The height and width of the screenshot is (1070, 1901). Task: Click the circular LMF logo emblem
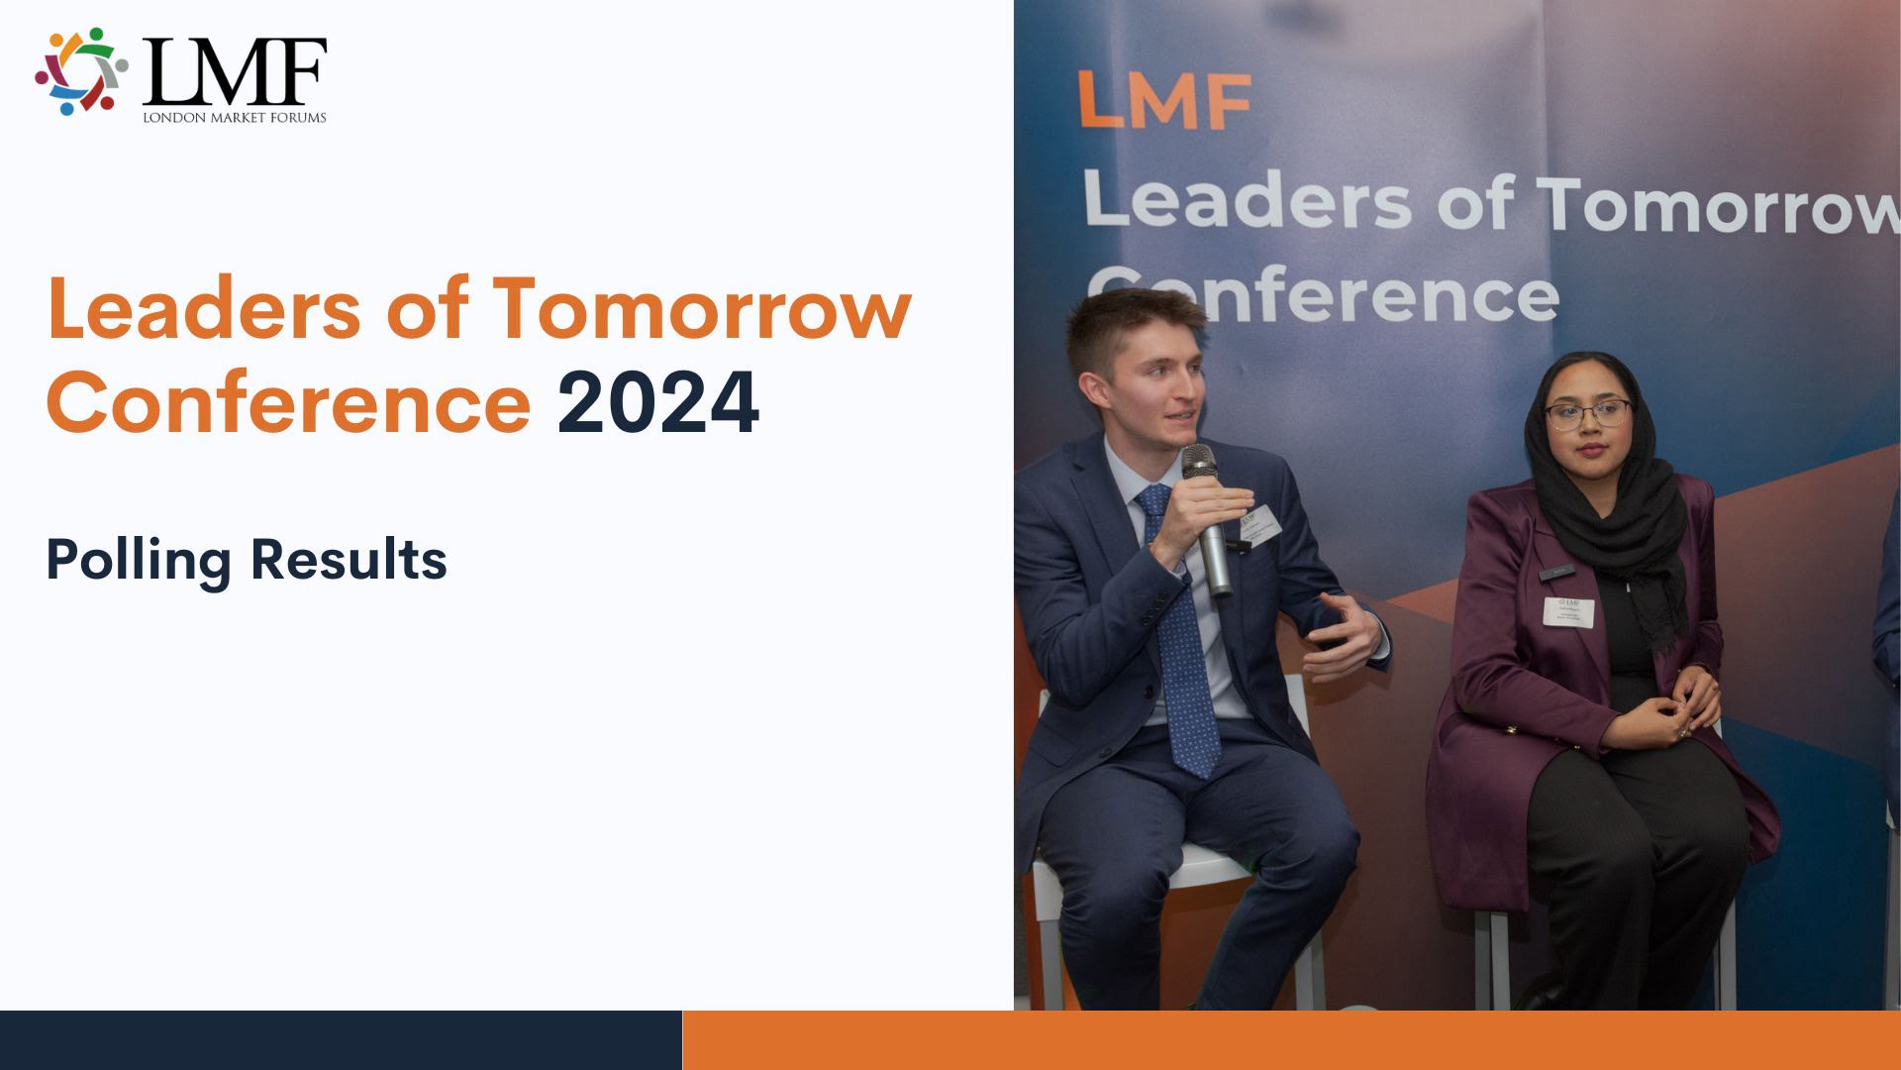click(81, 70)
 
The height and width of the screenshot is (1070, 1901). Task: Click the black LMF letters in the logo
click(234, 71)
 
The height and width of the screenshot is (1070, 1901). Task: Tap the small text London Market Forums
click(234, 118)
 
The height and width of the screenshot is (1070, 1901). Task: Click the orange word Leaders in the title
click(203, 308)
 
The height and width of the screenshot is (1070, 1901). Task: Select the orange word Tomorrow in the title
click(701, 308)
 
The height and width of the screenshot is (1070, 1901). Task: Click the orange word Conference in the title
click(288, 402)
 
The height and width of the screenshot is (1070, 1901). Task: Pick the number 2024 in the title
click(657, 402)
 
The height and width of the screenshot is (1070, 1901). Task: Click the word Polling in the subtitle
click(138, 560)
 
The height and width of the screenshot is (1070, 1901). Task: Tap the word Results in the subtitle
click(349, 560)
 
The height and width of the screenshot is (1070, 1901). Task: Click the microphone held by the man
click(1209, 515)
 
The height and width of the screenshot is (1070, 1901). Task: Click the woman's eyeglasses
click(1587, 413)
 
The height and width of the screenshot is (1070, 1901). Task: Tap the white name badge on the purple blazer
click(1568, 611)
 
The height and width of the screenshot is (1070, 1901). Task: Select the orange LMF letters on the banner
click(1163, 100)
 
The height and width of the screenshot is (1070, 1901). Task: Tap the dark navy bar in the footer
click(341, 1040)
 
